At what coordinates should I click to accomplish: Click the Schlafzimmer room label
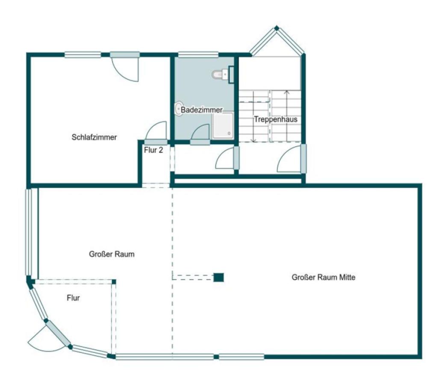(94, 137)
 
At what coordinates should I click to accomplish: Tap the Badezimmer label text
(201, 110)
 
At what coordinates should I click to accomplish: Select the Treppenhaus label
(276, 119)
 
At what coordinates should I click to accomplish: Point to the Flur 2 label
(153, 150)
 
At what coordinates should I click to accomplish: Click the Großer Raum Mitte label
(324, 277)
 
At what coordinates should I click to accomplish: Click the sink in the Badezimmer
(179, 109)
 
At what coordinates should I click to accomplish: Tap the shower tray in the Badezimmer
(223, 125)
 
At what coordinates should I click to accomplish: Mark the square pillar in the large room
(219, 277)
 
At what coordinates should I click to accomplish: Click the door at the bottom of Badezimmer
(200, 134)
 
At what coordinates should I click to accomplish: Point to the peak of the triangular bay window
(277, 28)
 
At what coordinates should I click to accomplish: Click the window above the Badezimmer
(198, 55)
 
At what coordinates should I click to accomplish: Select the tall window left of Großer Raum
(32, 231)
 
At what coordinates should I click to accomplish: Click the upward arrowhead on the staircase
(287, 92)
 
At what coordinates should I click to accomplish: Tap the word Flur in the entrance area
(73, 298)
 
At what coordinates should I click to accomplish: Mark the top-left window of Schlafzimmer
(83, 55)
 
